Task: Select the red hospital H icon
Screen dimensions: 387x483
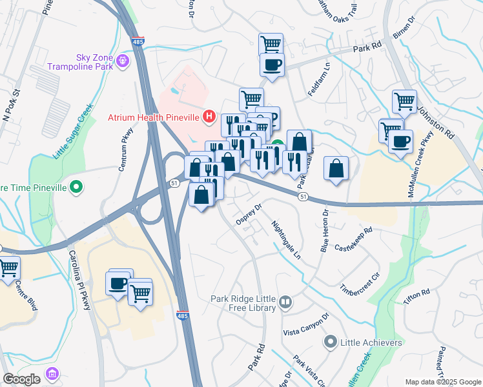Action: (209, 117)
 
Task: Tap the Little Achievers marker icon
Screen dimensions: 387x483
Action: (331, 342)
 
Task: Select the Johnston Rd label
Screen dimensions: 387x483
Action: (438, 123)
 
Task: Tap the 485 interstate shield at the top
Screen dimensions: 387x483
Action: (139, 41)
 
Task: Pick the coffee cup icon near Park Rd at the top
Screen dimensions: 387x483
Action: (272, 64)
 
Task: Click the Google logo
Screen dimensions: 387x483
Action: (21, 379)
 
